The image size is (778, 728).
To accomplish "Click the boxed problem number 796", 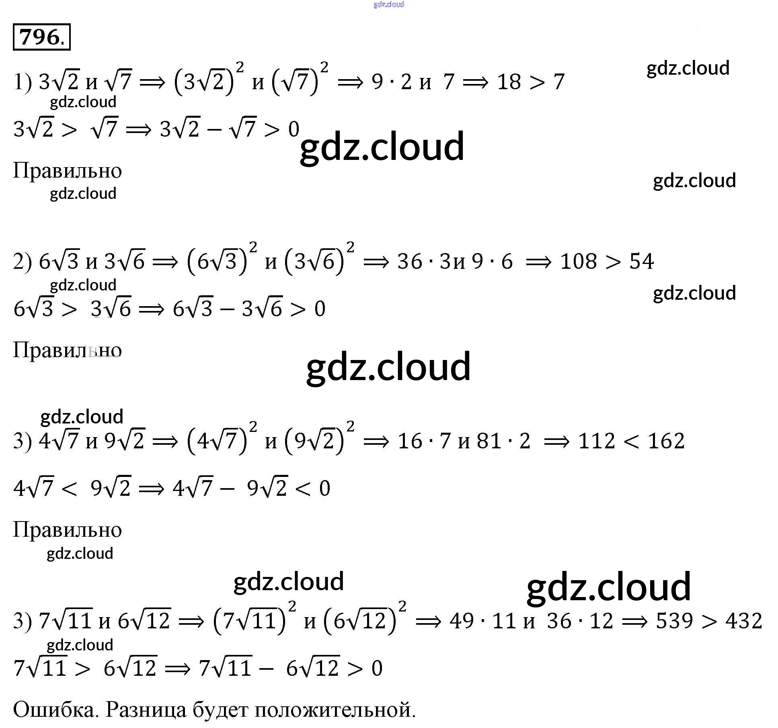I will (x=41, y=37).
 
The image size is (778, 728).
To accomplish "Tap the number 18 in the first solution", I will (x=509, y=82).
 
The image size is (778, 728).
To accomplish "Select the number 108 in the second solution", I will (x=579, y=262).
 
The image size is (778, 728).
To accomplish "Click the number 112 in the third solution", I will (x=597, y=441).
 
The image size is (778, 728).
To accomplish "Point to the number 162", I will (x=666, y=441).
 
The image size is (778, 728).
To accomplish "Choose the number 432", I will (x=744, y=621).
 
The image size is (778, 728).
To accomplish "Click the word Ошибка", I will (x=55, y=710).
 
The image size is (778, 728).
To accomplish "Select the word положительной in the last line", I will (x=335, y=710).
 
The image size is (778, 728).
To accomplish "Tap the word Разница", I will (x=146, y=710).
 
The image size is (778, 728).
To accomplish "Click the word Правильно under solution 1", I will (x=67, y=171).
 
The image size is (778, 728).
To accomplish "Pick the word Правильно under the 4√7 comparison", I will (x=67, y=530).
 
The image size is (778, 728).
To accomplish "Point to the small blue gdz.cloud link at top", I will (x=389, y=4).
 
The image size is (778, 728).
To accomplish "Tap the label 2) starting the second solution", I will (x=22, y=262).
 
